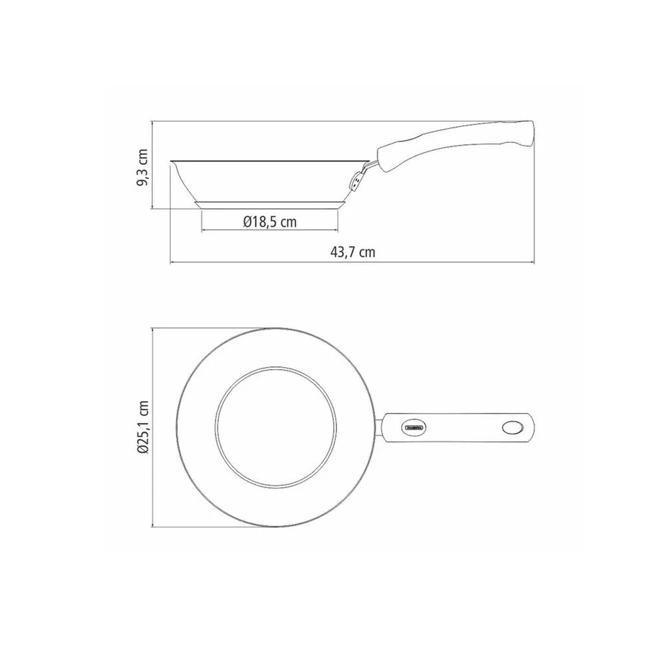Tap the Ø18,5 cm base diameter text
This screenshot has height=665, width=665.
[269, 222]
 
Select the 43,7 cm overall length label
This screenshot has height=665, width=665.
[353, 252]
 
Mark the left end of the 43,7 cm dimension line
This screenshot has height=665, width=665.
[172, 262]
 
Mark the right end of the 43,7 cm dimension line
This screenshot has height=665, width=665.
[533, 262]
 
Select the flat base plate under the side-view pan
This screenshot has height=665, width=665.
[270, 204]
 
